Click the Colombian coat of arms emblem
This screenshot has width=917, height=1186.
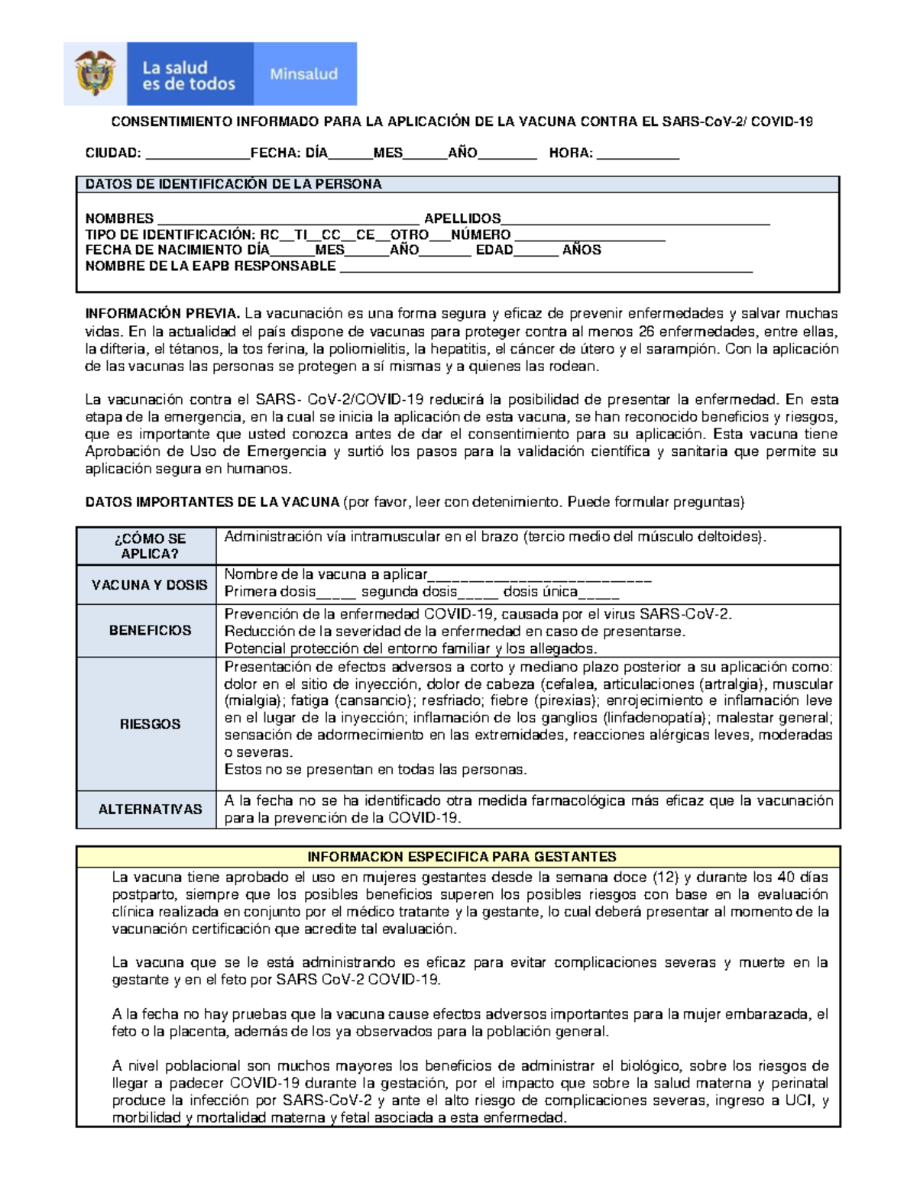coord(95,73)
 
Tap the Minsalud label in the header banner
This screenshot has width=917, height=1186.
coord(303,74)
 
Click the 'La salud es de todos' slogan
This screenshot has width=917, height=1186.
coord(188,76)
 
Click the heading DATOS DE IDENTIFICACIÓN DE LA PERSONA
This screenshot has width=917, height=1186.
coord(233,184)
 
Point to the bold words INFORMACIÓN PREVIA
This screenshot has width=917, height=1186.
coord(163,313)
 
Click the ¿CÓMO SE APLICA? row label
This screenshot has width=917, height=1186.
coord(150,546)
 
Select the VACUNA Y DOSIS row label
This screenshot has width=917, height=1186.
coord(150,585)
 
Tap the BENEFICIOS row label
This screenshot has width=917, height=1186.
coord(150,630)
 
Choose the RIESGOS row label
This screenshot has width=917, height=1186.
coord(150,723)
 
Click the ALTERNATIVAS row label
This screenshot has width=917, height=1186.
coord(150,809)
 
